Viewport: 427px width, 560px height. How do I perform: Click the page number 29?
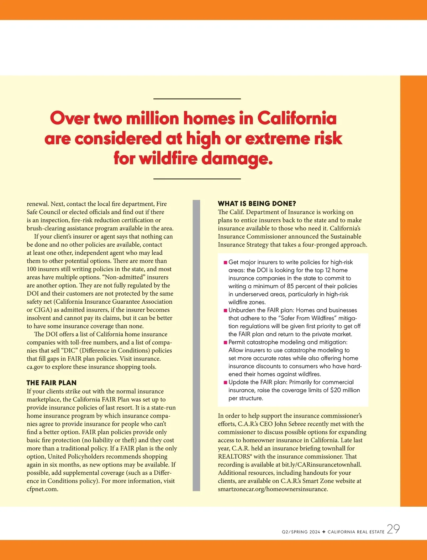pos(393,529)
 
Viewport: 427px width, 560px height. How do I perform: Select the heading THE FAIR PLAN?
pos(52,383)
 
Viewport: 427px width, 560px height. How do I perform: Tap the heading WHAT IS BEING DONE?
pos(257,204)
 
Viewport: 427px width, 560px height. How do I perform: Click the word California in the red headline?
pos(297,118)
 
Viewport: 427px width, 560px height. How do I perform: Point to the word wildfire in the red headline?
pos(168,158)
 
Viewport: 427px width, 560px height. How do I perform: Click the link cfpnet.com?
pos(42,489)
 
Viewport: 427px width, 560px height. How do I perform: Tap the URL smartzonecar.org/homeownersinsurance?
pos(273,489)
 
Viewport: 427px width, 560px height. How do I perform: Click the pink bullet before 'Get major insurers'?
pos(225,262)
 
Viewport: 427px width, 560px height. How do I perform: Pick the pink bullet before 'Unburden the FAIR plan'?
pos(225,310)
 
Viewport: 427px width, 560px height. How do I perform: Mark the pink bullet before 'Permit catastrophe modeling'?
pos(225,342)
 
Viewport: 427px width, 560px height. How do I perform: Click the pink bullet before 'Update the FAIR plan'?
pos(225,383)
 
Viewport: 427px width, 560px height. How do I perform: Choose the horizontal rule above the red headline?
pos(197,99)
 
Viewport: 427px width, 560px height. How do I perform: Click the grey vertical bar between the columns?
pos(196,345)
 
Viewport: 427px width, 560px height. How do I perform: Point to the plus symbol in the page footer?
pos(324,532)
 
